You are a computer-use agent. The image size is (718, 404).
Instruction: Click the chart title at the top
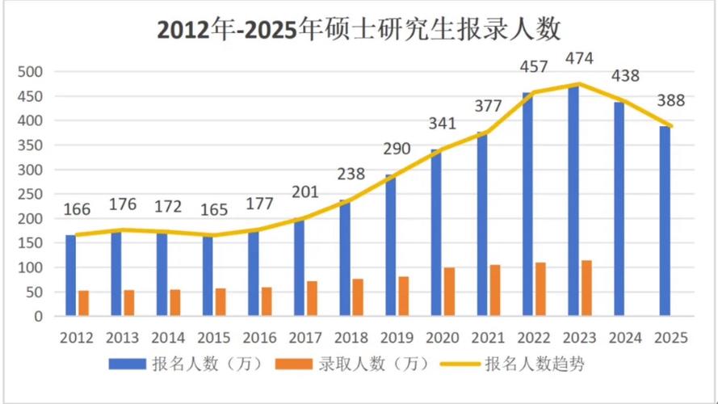359,31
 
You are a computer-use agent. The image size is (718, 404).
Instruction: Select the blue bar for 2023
573,202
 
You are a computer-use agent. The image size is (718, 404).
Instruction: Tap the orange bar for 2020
449,292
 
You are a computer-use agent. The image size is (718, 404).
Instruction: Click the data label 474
580,57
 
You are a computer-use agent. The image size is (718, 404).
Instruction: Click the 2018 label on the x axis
351,337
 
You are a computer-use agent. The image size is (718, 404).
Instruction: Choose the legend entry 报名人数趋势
533,364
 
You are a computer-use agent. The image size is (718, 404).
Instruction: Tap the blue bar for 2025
665,221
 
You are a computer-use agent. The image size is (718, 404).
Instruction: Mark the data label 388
670,101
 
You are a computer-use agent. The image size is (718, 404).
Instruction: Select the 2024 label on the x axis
626,337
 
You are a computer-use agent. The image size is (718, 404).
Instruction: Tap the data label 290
397,149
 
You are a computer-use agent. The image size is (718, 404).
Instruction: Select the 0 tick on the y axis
37,317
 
